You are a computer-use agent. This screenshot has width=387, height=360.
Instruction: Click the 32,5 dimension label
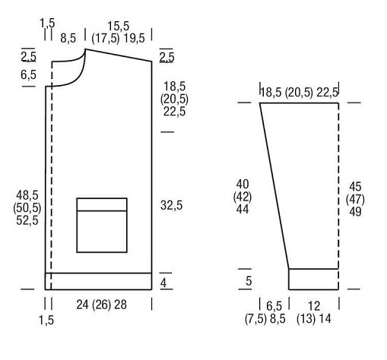point(171,205)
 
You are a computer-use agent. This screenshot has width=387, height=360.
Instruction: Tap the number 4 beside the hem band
point(163,283)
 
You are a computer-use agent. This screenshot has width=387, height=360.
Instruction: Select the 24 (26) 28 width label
point(101,305)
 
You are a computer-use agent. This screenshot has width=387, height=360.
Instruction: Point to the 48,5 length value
point(27,195)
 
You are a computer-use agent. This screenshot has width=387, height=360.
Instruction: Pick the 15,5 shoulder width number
point(118,27)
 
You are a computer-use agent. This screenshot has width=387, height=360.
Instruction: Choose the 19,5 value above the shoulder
point(134,39)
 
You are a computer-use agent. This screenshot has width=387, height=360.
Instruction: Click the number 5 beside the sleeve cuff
point(249,281)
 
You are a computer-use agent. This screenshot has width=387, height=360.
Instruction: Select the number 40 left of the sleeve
point(243,184)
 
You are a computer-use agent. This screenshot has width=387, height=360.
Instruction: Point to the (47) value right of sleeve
point(355,199)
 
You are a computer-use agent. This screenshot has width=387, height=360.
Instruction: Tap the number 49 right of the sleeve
point(355,212)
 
